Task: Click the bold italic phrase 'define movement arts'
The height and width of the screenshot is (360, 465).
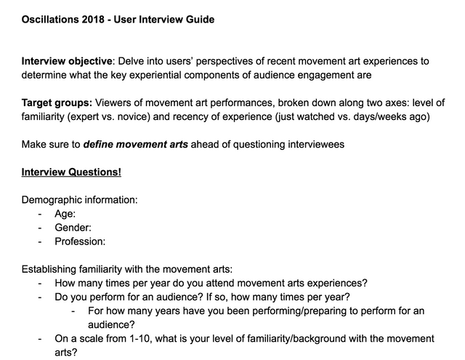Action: pyautogui.click(x=135, y=144)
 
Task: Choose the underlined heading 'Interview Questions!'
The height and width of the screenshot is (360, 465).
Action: pyautogui.click(x=71, y=172)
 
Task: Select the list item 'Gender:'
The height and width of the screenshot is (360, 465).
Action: pyautogui.click(x=73, y=227)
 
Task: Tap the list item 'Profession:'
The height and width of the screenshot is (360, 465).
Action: pyautogui.click(x=80, y=241)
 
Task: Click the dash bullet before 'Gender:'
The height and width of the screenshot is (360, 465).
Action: pyautogui.click(x=40, y=227)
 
